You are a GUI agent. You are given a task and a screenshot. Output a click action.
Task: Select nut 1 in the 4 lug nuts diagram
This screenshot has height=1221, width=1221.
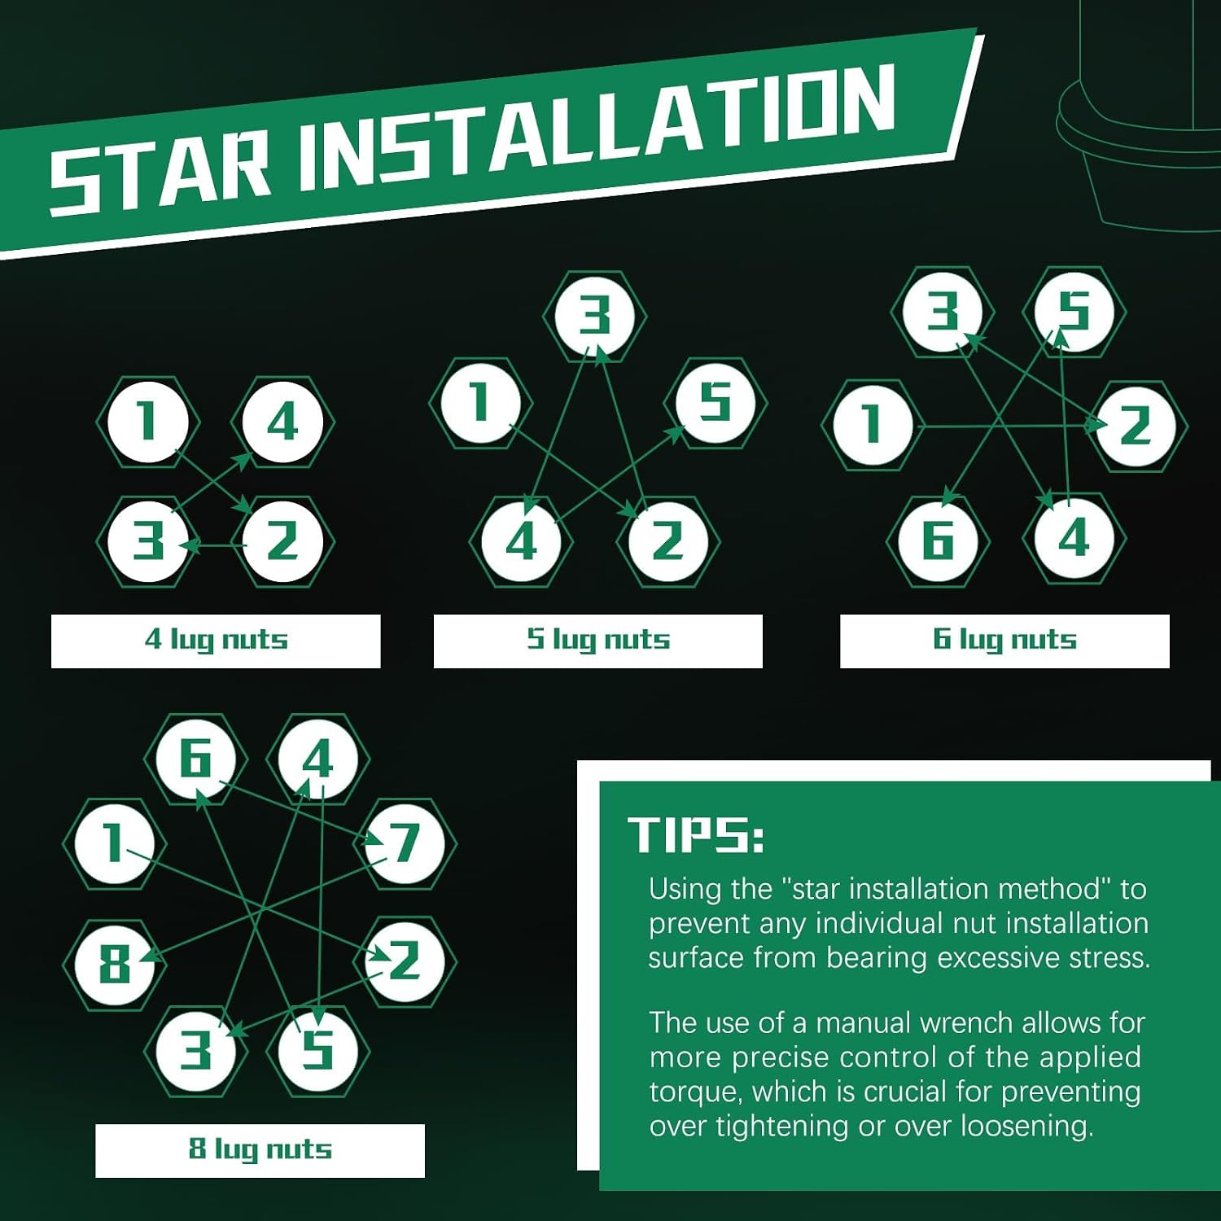point(147,422)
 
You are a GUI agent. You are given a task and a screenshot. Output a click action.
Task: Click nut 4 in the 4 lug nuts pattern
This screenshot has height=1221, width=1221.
point(282,422)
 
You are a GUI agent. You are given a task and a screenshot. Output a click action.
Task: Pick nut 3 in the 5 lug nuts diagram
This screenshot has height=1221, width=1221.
point(595,316)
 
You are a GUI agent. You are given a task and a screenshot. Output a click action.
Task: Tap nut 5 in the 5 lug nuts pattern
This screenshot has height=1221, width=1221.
point(716,402)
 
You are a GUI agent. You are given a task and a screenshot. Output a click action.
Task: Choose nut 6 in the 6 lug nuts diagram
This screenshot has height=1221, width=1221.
point(939,540)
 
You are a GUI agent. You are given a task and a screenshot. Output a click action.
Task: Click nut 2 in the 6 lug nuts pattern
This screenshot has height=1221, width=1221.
point(1136,426)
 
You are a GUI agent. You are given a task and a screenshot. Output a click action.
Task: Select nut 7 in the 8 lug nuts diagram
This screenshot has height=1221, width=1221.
point(405,843)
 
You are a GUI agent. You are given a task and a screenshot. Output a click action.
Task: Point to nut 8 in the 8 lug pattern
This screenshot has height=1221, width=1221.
point(115,965)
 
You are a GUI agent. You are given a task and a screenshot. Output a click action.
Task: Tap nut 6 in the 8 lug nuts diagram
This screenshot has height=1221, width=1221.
point(196,759)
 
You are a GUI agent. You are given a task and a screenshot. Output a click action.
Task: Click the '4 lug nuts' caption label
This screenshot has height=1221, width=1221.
point(216,641)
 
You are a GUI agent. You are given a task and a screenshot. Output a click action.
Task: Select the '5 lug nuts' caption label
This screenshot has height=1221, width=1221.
point(598,641)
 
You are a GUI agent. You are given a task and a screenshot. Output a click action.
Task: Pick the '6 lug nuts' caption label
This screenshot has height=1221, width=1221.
point(1004,641)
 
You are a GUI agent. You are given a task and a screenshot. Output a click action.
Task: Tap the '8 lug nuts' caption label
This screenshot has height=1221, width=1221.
point(260,1150)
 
